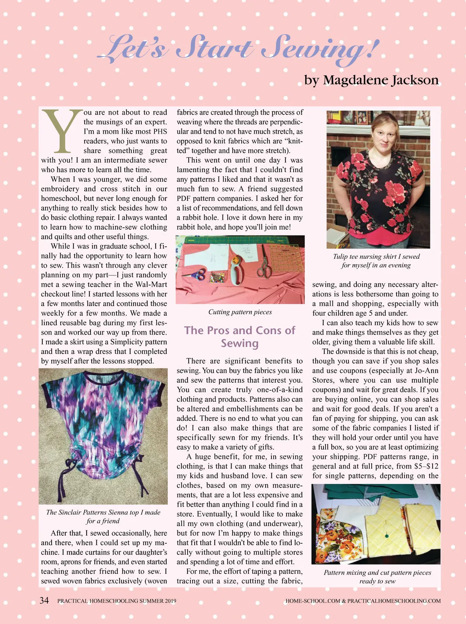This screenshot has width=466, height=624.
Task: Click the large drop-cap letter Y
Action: coord(61,131)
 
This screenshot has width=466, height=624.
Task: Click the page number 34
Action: coord(44,600)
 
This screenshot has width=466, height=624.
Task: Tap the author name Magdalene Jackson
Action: coord(381,80)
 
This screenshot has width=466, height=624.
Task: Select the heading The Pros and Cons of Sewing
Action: coord(240,336)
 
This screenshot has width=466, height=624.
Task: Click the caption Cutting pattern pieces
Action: coord(240,312)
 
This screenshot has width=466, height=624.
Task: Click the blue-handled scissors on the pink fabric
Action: coord(198,274)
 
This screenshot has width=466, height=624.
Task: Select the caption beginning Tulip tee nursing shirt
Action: coord(376,261)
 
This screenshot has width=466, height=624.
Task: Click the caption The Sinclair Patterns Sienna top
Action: coord(103,516)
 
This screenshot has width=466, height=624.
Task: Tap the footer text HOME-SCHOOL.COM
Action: coord(313,601)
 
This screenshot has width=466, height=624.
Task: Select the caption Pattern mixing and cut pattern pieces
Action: coord(377,577)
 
